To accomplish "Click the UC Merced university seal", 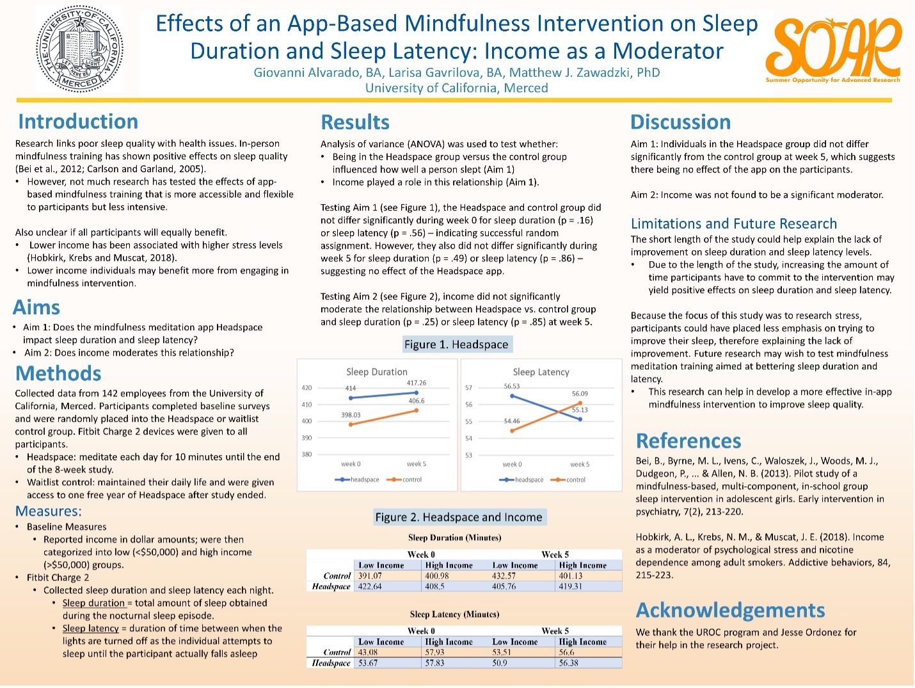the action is click(x=79, y=49).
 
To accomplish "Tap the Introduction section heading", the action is click(x=78, y=122).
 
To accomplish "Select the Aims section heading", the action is click(x=36, y=307).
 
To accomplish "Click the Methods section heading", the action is click(x=58, y=373).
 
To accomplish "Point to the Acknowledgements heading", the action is click(x=730, y=611).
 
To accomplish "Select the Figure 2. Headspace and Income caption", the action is click(x=459, y=517).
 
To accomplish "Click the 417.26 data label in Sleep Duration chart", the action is click(x=417, y=383).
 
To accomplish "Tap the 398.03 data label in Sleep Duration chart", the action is click(x=351, y=415).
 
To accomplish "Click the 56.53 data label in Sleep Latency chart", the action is click(x=511, y=386).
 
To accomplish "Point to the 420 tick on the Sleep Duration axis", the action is click(x=306, y=388).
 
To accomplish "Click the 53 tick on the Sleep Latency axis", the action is click(x=468, y=455).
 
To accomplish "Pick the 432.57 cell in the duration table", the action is click(x=504, y=576).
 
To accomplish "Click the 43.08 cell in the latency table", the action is click(x=368, y=652).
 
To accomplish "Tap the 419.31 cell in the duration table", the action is click(x=571, y=586).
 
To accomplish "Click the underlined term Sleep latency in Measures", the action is click(x=90, y=628).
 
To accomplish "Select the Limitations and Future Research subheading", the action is click(x=734, y=223).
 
